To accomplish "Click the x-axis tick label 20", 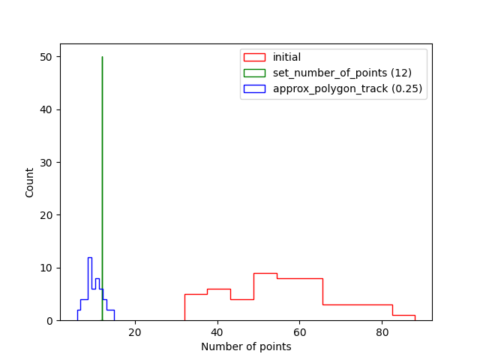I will click(x=135, y=332).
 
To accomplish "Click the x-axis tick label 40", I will click(x=217, y=332).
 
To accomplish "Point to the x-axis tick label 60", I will click(x=300, y=332).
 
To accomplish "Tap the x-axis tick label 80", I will click(x=382, y=332).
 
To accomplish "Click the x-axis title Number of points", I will click(x=246, y=346).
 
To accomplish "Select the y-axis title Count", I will click(x=30, y=182).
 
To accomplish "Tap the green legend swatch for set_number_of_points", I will click(x=255, y=73).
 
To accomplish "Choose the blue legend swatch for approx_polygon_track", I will click(x=255, y=88).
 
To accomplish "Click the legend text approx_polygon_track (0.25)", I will click(x=347, y=88).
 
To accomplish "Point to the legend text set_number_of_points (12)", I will click(x=342, y=73).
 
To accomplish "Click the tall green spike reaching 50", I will click(x=102, y=150).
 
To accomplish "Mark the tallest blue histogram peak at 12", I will click(x=90, y=259).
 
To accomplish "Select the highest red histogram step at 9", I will click(x=265, y=274).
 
